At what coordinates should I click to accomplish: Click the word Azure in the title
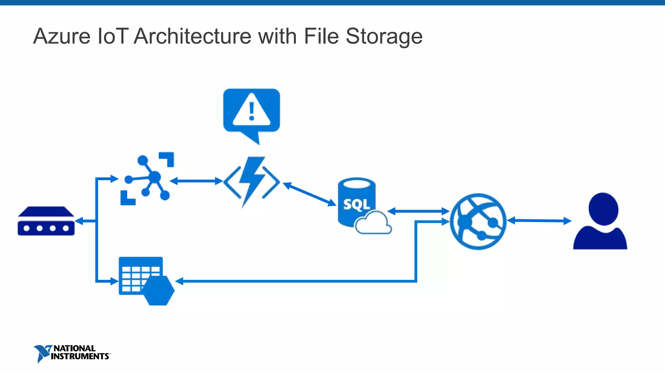point(62,36)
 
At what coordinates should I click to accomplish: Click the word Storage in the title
point(384,36)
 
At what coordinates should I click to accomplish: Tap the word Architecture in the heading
point(192,36)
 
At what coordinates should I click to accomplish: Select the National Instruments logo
point(72,353)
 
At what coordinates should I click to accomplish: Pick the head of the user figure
point(603,208)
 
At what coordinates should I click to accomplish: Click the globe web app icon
point(478,221)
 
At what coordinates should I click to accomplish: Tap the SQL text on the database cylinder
point(356,205)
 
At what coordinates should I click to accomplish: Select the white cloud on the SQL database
point(373,223)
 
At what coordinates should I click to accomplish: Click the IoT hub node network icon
point(148,179)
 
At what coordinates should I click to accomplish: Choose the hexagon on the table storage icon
point(158,290)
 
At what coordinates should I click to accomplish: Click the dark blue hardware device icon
point(46,221)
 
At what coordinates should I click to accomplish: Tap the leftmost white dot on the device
point(27,228)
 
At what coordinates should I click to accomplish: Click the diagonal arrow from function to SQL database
point(309,194)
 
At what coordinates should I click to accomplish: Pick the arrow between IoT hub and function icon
point(196,181)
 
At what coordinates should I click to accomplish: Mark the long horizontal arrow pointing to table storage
point(292,281)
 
